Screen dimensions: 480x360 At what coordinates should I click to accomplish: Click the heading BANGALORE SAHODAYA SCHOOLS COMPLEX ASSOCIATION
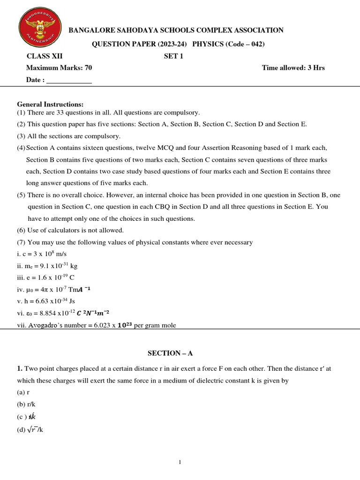coord(176,30)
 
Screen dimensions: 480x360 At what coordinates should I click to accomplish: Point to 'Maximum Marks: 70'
coord(59,68)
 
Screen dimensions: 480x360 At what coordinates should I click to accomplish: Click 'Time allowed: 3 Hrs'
coord(293,68)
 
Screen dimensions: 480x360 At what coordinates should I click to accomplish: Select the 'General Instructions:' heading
coord(50,104)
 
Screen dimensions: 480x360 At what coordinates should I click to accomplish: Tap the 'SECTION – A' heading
coord(164,353)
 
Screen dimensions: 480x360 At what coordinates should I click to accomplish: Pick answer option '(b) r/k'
coord(27,404)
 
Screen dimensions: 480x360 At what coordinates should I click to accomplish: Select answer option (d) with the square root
coord(30,429)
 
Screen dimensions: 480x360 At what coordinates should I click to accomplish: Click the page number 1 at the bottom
coord(180,462)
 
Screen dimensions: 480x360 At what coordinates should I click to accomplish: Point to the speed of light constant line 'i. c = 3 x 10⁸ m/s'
coord(42,254)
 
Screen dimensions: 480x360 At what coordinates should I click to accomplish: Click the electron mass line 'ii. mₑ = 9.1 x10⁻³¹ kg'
coord(47,266)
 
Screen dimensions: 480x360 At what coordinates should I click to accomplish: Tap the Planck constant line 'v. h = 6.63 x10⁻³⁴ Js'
coord(46,301)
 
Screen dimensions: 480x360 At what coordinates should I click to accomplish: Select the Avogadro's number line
coord(96,325)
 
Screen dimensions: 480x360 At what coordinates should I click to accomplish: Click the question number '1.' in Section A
coord(20,368)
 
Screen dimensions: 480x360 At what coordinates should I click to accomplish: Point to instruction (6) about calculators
coord(70,230)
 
